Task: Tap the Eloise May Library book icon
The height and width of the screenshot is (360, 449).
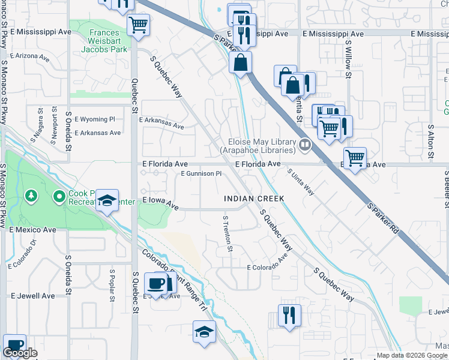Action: click(x=305, y=145)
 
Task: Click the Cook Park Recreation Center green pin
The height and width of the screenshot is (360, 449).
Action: click(x=59, y=196)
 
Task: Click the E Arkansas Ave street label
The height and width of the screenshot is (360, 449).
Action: click(x=161, y=123)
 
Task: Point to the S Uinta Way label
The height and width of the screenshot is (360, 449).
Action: click(x=301, y=181)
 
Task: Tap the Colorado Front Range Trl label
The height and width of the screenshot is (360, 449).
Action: click(x=173, y=283)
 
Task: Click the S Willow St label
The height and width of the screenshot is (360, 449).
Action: click(x=348, y=59)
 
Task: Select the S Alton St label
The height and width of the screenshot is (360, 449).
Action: click(x=430, y=142)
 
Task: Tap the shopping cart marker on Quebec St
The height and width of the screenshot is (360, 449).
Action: click(x=139, y=25)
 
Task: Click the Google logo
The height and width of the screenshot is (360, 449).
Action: click(x=20, y=353)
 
